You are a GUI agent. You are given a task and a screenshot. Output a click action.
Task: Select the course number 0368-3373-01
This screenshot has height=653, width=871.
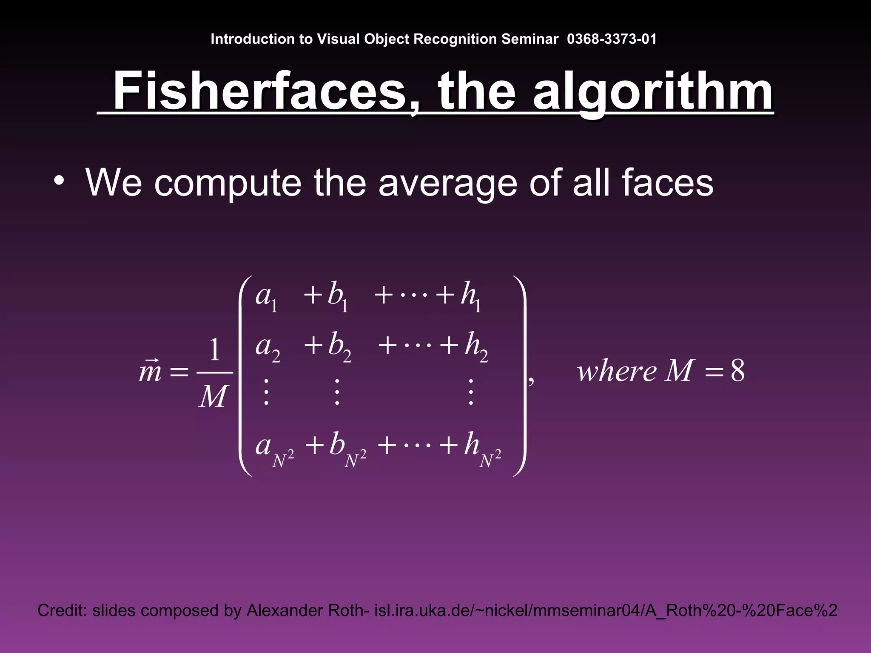[612, 39]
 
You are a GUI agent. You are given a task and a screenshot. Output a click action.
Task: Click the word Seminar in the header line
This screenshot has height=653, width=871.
[529, 39]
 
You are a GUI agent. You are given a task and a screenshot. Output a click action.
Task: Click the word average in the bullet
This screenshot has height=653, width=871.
[448, 183]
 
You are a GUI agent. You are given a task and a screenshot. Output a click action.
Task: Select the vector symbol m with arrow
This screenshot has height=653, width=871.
[150, 371]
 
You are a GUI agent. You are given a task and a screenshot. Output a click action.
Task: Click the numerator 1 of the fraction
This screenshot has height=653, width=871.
[215, 351]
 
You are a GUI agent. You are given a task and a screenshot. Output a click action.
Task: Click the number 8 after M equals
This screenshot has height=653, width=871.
[737, 371]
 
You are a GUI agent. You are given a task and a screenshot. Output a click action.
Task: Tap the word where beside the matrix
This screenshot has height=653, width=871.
[616, 371]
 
